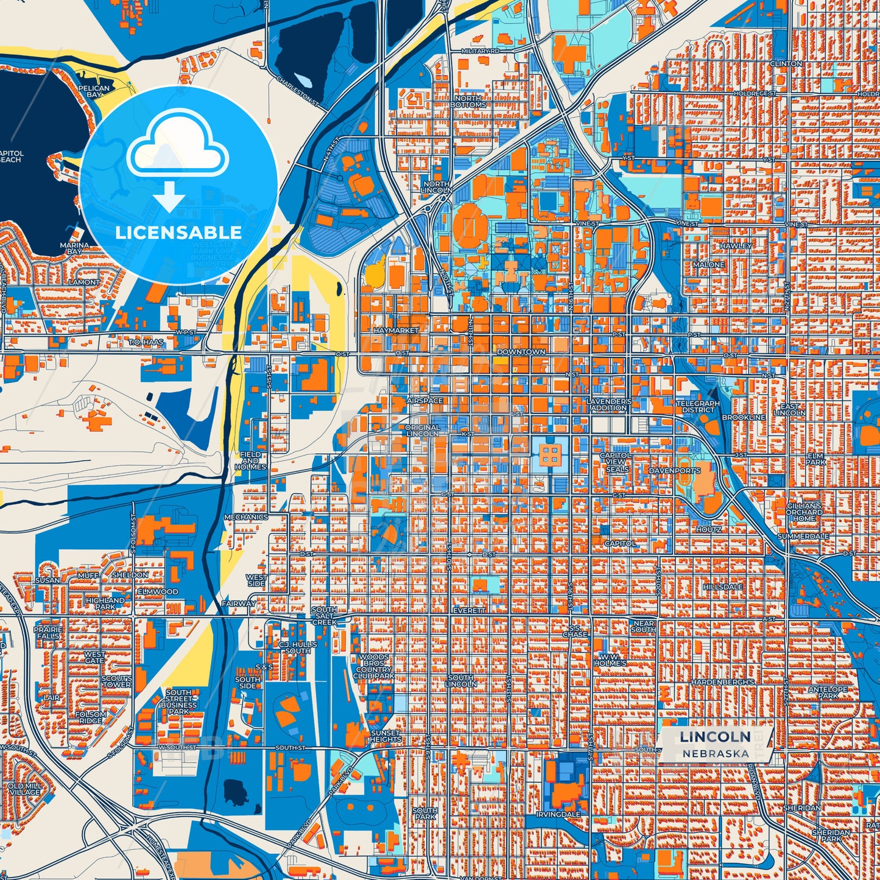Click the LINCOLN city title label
[715, 736]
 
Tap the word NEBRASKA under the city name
[715, 753]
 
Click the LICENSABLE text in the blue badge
[178, 232]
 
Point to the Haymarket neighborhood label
[396, 330]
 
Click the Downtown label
[521, 352]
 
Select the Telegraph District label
[698, 406]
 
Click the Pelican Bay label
[94, 91]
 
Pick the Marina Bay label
[74, 248]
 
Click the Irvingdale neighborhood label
[558, 814]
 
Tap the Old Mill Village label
[25, 789]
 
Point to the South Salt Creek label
[324, 616]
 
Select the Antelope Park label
[828, 692]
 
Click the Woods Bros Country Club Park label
[374, 667]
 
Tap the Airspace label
[424, 401]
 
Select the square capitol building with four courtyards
[550, 454]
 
